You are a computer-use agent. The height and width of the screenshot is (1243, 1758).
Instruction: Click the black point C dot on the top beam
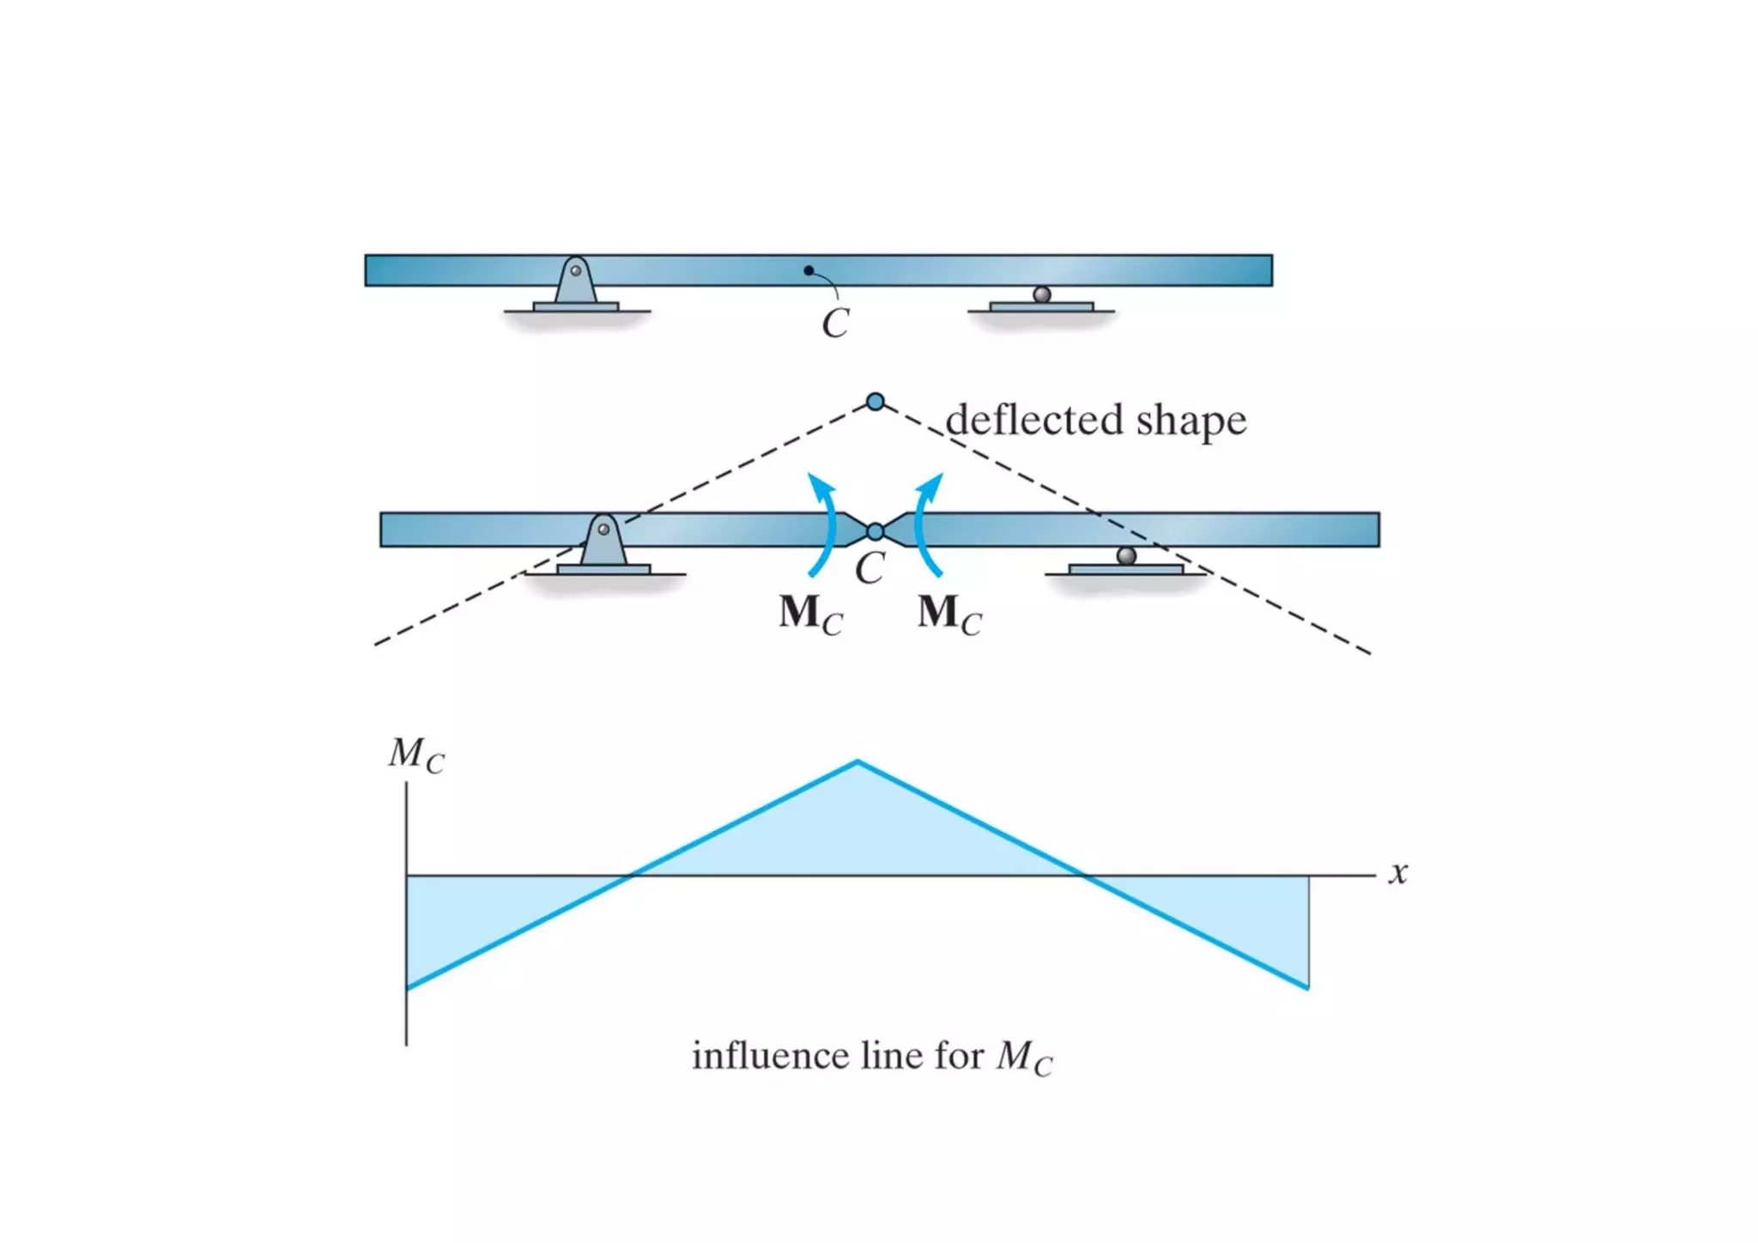[x=808, y=270]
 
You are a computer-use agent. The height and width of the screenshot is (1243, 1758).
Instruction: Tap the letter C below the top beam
[x=835, y=324]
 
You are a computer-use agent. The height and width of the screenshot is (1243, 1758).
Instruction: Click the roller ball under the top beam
[x=1042, y=294]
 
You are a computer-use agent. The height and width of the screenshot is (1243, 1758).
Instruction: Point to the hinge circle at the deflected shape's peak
[x=875, y=402]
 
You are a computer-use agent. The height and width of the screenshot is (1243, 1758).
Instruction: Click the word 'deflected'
[x=1034, y=421]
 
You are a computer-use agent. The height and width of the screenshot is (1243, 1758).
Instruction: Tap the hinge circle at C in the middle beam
[x=875, y=532]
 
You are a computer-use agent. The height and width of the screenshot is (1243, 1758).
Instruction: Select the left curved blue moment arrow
[x=824, y=524]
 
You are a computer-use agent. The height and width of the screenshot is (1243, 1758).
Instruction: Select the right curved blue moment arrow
[x=925, y=524]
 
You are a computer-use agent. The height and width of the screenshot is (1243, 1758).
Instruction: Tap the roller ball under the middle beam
[x=1126, y=555]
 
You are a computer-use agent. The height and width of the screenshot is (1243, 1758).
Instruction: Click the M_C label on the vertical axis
[x=416, y=755]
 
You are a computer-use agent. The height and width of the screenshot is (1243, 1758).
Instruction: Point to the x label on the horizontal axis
[x=1398, y=873]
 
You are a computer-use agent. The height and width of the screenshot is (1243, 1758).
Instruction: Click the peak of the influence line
[x=858, y=761]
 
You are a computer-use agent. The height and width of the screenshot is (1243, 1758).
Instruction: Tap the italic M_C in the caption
[x=1024, y=1058]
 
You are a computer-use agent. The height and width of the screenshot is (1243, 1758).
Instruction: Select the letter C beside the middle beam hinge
[x=870, y=568]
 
